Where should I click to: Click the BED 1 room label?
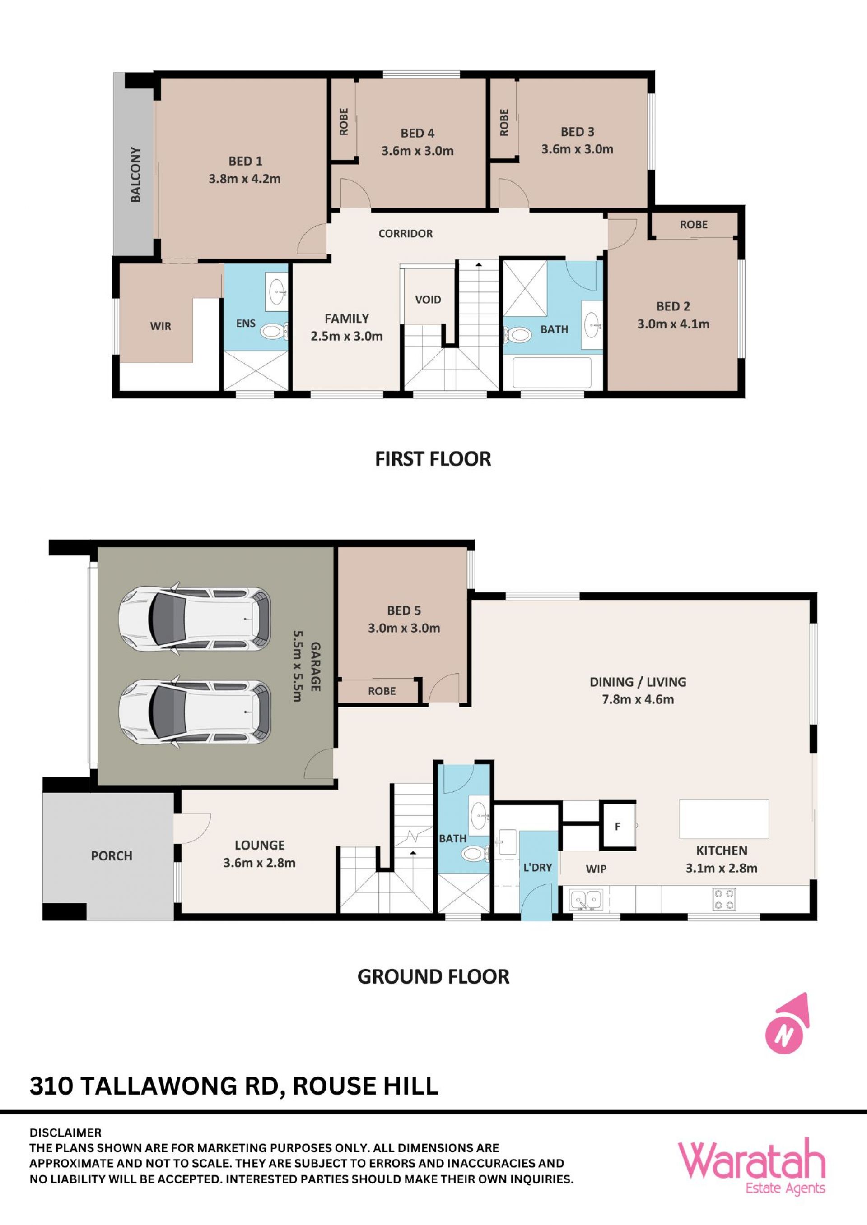(x=245, y=161)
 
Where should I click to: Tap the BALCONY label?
(x=136, y=175)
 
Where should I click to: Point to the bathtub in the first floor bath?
(x=552, y=372)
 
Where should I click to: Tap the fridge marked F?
(x=618, y=827)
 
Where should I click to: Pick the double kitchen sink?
(x=586, y=900)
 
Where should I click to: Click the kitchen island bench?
(x=724, y=818)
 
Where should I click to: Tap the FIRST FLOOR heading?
(x=433, y=459)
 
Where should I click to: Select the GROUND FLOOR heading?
(x=433, y=977)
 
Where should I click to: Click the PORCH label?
(x=112, y=856)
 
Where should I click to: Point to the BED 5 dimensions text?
(x=404, y=628)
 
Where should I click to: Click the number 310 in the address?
(x=51, y=1086)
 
